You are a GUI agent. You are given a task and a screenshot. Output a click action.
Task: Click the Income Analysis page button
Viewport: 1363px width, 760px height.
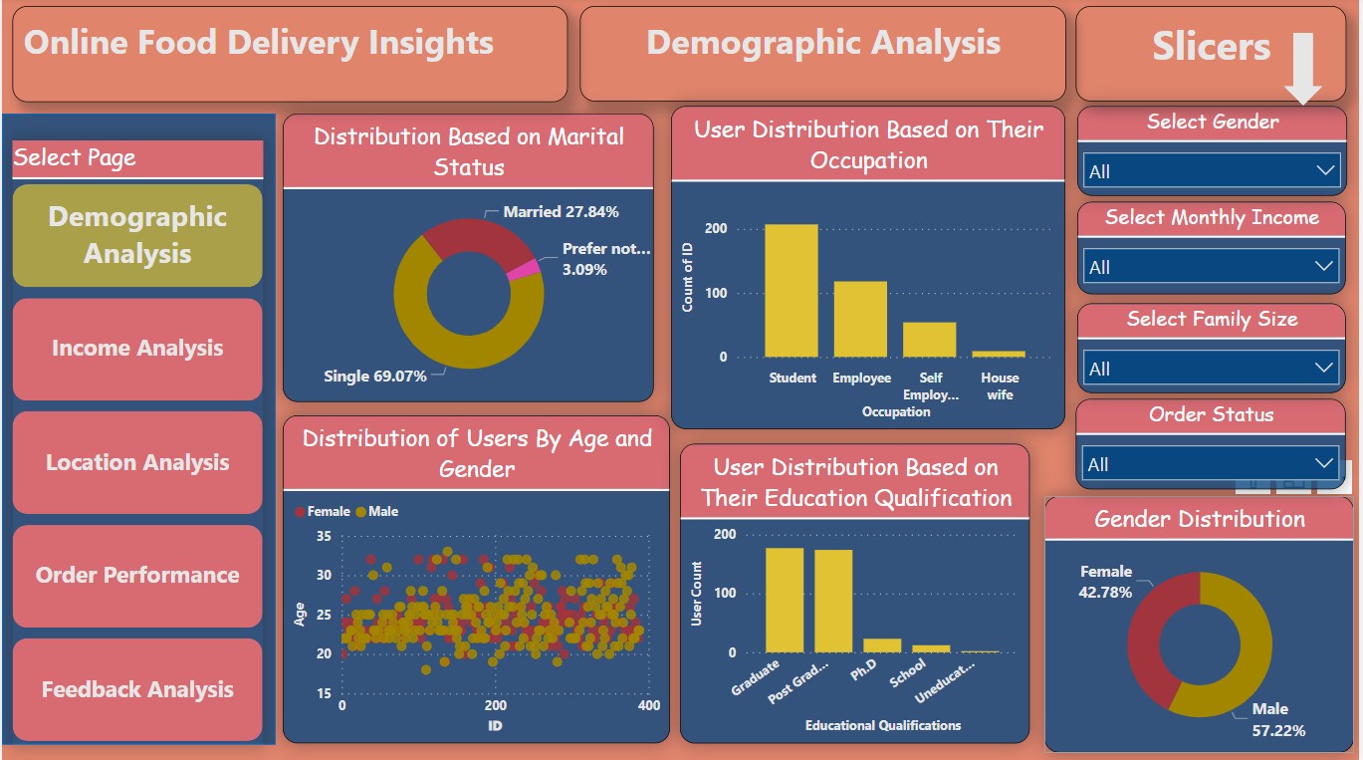click(x=137, y=349)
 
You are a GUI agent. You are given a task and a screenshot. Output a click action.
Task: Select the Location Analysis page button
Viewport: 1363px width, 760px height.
click(x=137, y=462)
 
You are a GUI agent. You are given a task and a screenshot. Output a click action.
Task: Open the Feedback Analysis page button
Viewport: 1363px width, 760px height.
click(x=137, y=689)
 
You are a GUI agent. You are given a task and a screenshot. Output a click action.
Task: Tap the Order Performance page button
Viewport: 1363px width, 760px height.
click(x=137, y=576)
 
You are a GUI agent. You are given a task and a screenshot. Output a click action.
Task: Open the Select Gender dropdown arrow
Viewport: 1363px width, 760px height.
click(x=1325, y=170)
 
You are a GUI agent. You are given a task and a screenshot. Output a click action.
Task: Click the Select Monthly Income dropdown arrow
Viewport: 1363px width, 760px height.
click(x=1324, y=266)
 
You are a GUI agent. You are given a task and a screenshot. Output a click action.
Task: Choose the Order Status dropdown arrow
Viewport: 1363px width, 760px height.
click(x=1324, y=463)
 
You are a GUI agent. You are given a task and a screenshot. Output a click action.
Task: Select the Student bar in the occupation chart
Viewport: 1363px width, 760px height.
click(x=792, y=291)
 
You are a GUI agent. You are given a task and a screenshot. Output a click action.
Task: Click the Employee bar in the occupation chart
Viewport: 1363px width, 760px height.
click(x=860, y=319)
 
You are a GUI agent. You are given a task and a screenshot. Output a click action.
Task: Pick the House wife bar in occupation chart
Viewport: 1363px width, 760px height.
click(x=999, y=354)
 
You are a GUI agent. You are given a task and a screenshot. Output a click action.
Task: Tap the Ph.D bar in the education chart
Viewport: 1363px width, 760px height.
click(x=882, y=645)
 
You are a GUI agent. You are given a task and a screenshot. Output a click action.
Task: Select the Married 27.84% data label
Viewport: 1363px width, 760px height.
click(x=561, y=212)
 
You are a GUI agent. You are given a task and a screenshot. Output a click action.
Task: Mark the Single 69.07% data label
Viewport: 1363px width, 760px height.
click(x=375, y=377)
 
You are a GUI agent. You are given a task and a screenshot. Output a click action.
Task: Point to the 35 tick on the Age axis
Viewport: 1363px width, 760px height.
click(x=323, y=536)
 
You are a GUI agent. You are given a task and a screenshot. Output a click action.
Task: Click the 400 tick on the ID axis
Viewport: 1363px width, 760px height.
click(x=648, y=705)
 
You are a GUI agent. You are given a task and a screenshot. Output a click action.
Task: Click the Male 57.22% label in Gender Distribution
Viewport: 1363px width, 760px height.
click(x=1277, y=719)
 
